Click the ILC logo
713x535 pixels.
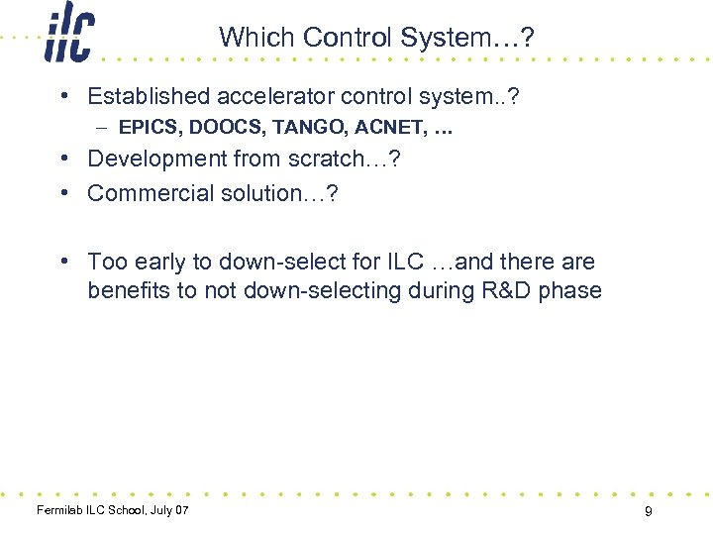[x=69, y=36]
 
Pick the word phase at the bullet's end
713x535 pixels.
[x=569, y=291]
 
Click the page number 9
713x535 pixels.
[x=648, y=511]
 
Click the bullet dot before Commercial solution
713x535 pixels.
[x=62, y=192]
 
